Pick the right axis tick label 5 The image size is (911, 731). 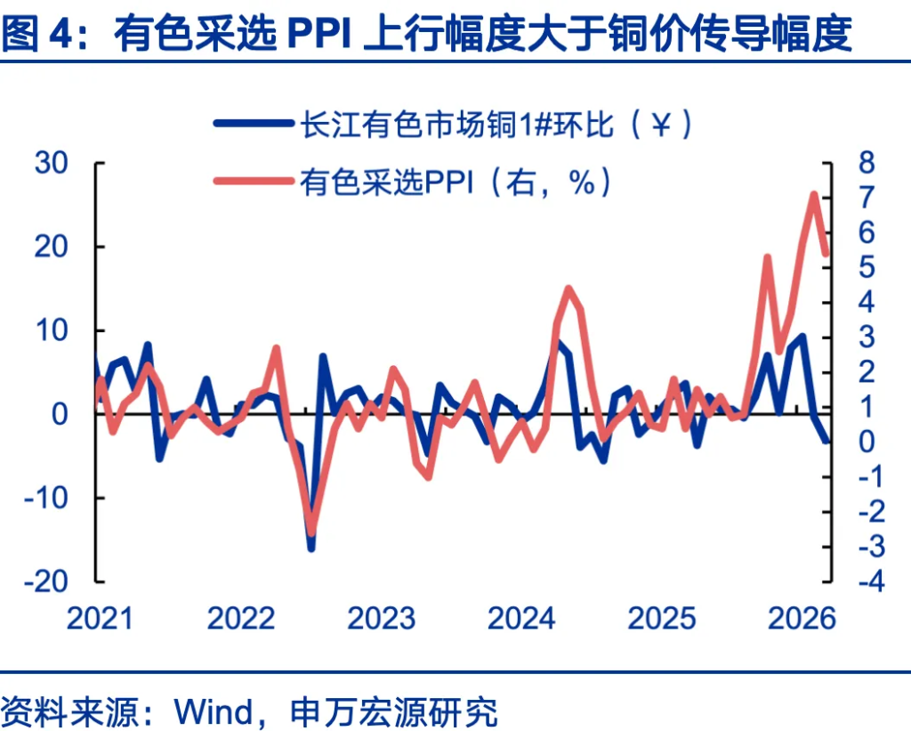click(x=866, y=267)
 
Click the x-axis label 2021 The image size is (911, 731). click(x=100, y=618)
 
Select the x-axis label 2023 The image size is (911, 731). click(x=381, y=618)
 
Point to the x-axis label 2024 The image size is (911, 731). click(x=521, y=618)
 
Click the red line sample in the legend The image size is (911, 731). click(x=253, y=183)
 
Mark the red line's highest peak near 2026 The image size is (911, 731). click(x=814, y=194)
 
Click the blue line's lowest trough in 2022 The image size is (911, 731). click(x=311, y=547)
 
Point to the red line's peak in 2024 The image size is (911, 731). click(x=569, y=288)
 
